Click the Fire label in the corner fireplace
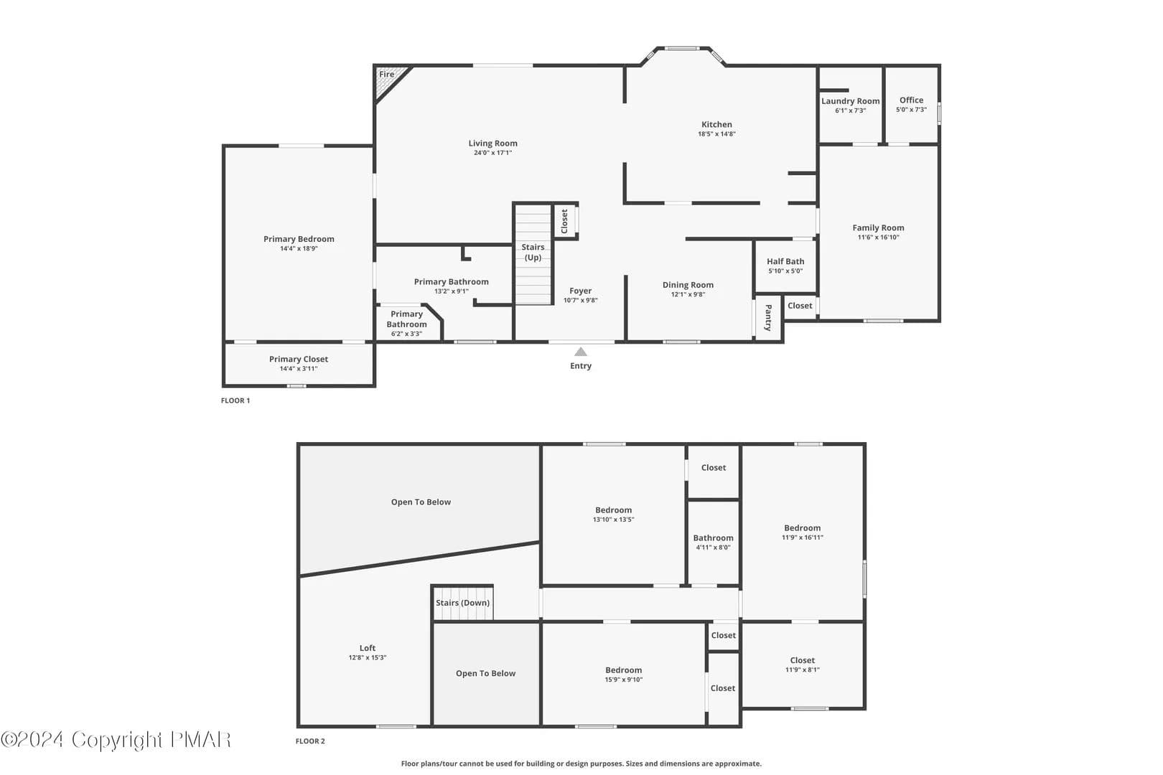(386, 74)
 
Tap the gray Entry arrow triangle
(581, 352)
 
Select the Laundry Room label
(851, 101)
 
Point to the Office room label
(911, 100)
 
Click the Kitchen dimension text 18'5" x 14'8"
(716, 134)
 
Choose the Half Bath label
(785, 262)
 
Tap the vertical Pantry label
(768, 318)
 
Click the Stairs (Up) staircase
(533, 254)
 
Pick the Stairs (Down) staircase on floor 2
(462, 603)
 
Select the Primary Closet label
(299, 360)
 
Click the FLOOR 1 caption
(235, 400)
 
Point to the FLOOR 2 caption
(310, 741)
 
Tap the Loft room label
(368, 648)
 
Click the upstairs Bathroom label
(714, 537)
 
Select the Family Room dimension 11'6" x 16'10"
(878, 238)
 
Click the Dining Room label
(688, 285)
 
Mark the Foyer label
(581, 291)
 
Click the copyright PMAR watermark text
(116, 740)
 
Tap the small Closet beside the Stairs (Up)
(565, 221)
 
